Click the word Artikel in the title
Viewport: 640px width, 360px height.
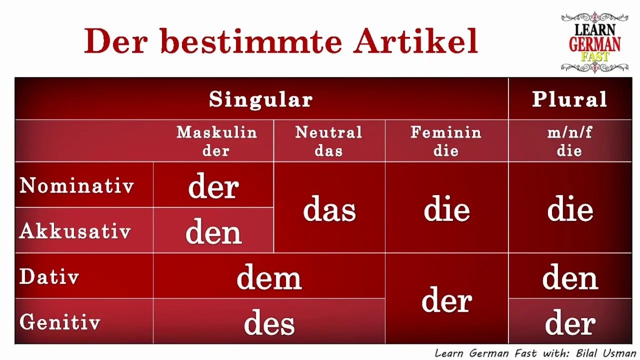(415, 41)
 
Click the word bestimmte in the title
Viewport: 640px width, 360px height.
(251, 41)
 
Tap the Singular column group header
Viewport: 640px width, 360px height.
(261, 99)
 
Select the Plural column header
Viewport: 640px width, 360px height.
(569, 99)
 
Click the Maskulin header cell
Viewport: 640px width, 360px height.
(216, 141)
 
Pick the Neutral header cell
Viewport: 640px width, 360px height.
(328, 141)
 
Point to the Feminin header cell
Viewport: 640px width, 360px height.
(446, 141)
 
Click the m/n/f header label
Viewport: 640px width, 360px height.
(569, 133)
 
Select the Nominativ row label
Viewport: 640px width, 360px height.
(77, 186)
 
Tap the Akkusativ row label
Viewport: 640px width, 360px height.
(75, 231)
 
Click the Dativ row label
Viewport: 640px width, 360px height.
(49, 276)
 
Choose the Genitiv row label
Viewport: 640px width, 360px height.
(60, 322)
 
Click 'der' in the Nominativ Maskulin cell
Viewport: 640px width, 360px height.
(213, 187)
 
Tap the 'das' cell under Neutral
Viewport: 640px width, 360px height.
(329, 209)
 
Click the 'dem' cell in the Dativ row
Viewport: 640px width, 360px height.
(269, 278)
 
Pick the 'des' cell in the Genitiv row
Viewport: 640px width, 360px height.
(269, 323)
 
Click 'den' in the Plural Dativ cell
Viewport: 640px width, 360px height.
(570, 278)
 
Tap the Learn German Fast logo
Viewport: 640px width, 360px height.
(594, 42)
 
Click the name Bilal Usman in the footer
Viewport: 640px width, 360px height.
(605, 353)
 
